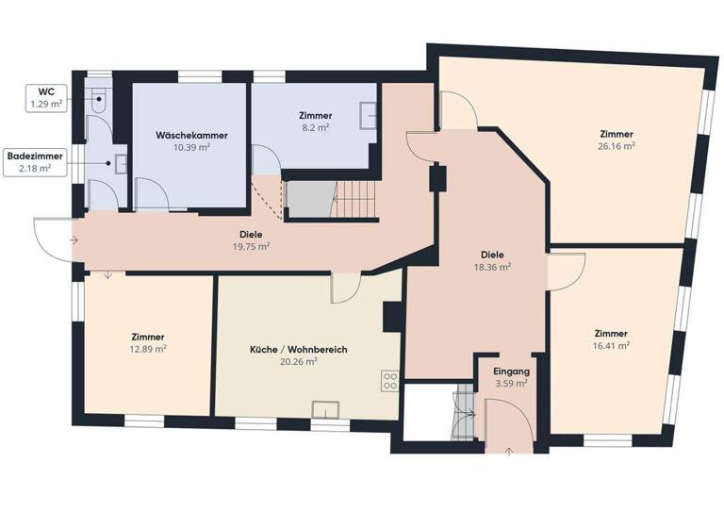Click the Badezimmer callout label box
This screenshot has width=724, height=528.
29,161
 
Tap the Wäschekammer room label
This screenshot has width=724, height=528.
190,135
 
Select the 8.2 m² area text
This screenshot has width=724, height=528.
316,127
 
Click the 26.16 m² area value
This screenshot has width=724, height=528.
616,146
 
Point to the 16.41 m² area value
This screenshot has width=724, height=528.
612,346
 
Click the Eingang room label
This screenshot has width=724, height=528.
512,371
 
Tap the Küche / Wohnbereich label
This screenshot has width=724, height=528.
298,349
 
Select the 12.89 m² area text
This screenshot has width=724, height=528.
148,350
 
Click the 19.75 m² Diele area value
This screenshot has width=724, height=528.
250,247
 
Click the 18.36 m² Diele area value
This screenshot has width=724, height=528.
492,267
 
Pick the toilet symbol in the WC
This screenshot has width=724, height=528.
99,97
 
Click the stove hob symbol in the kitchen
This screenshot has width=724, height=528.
388,380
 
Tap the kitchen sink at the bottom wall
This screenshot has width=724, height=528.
326,408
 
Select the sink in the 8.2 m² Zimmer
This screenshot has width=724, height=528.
371,117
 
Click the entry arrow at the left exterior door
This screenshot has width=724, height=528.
73,240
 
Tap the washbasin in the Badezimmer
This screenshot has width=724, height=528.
120,161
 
